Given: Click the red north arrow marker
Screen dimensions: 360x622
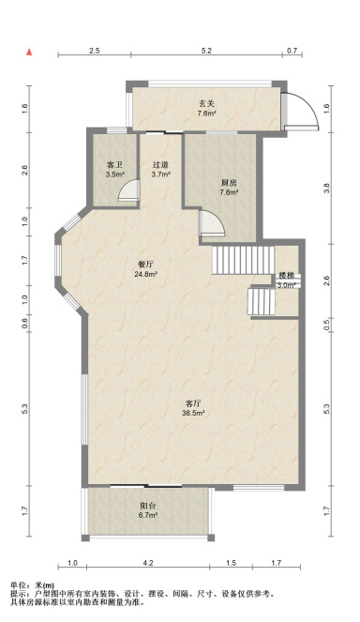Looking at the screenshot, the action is pyautogui.click(x=29, y=52).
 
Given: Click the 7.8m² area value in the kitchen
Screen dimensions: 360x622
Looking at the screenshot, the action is pyautogui.click(x=229, y=192).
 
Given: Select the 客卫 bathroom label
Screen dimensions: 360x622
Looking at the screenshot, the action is pyautogui.click(x=114, y=164).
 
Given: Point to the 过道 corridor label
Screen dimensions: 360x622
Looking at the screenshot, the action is pyautogui.click(x=160, y=164).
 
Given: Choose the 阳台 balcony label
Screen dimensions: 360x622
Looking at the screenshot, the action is pyautogui.click(x=148, y=506).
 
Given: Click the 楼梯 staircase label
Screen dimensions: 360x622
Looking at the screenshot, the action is pyautogui.click(x=286, y=276).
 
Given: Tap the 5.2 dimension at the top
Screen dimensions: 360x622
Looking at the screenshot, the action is pyautogui.click(x=206, y=51).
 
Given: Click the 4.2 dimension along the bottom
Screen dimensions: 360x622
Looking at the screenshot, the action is pyautogui.click(x=148, y=563).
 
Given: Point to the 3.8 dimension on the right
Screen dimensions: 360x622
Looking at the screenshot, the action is pyautogui.click(x=326, y=188).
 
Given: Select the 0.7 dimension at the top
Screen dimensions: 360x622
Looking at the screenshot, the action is pyautogui.click(x=292, y=51).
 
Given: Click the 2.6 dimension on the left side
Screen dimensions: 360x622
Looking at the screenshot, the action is pyautogui.click(x=25, y=170).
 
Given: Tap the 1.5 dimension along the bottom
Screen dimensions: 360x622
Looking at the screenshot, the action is pyautogui.click(x=232, y=563).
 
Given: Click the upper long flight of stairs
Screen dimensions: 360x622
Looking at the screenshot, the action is pyautogui.click(x=244, y=260).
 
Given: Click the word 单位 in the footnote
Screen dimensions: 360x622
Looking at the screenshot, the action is pyautogui.click(x=18, y=585).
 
